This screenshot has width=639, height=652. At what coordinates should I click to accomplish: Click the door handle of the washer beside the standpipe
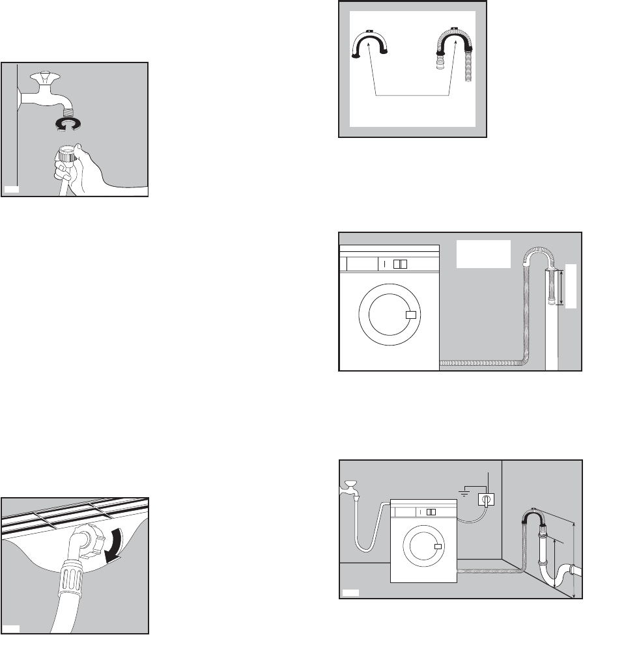tap(410, 315)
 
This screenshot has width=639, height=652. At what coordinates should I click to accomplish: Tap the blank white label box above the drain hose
tap(483, 254)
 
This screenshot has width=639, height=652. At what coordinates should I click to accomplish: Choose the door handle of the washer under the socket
tap(438, 545)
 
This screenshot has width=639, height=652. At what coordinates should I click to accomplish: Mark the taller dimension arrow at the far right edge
tap(573, 560)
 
